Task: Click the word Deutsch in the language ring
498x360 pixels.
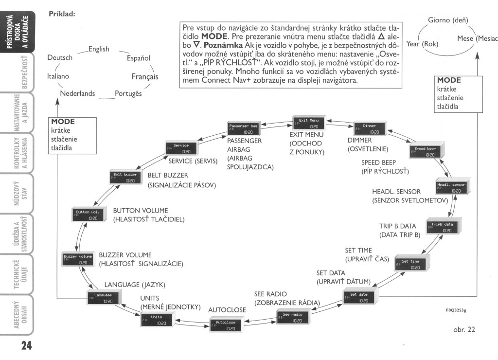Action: click(x=60, y=58)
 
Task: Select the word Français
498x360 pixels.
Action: click(x=145, y=77)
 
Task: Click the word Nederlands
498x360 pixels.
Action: click(x=77, y=93)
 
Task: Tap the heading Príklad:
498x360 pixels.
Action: click(x=62, y=14)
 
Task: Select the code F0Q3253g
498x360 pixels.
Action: click(x=459, y=309)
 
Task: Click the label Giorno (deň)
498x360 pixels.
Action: click(x=448, y=20)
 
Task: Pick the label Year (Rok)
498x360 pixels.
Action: click(x=423, y=44)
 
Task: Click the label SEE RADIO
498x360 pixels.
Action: click(x=270, y=294)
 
